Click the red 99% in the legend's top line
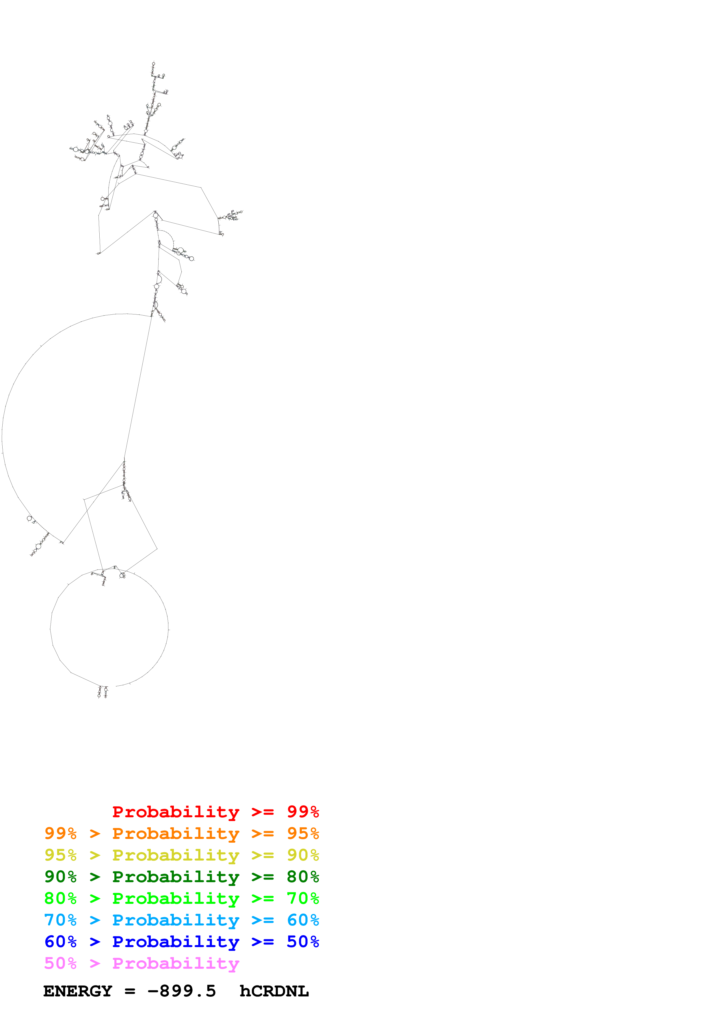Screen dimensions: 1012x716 click(x=303, y=812)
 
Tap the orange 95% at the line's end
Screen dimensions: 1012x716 click(x=303, y=833)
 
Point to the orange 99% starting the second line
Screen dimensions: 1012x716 click(x=60, y=833)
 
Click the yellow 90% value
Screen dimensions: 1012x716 click(x=303, y=855)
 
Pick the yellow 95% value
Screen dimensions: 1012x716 click(x=60, y=855)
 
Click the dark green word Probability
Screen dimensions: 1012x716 click(x=176, y=877)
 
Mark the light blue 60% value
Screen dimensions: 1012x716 click(x=303, y=920)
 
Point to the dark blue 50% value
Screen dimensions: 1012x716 click(x=303, y=942)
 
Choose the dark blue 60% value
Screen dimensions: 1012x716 click(x=60, y=942)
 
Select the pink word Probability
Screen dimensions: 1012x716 click(x=176, y=964)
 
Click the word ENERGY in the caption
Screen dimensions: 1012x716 click(x=78, y=991)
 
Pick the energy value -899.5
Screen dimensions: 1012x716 click(x=182, y=991)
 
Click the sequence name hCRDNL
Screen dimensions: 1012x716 click(x=274, y=991)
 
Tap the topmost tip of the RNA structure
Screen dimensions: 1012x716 click(x=154, y=62)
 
